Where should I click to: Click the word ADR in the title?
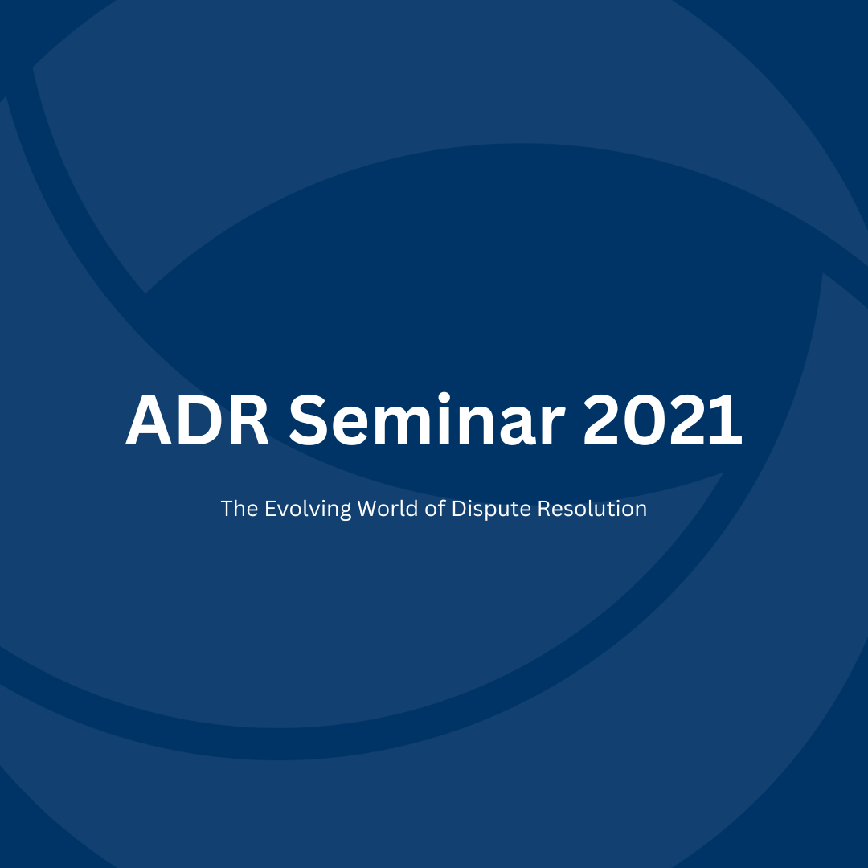[197, 420]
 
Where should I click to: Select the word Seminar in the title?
[427, 419]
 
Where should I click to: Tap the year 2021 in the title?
[662, 420]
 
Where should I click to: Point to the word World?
[387, 508]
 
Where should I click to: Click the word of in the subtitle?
[435, 508]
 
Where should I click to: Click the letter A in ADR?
[149, 420]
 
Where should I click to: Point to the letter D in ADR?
[198, 420]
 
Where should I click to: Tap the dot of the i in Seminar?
[444, 399]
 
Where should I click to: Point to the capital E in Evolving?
[270, 508]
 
